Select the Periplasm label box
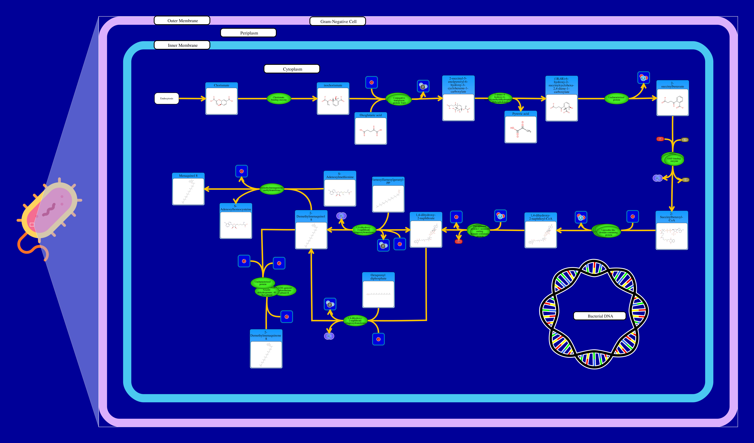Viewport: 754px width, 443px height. point(248,33)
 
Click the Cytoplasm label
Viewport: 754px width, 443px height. point(292,69)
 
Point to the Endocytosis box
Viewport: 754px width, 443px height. point(167,99)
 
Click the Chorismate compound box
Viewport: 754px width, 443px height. point(221,99)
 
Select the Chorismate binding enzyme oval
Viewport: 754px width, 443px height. point(279,99)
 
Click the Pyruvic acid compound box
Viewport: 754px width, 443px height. point(521,127)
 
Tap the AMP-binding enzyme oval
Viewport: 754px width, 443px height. point(673,160)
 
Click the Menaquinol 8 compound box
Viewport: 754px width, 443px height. point(188,189)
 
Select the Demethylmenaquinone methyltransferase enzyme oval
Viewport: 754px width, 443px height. point(272,189)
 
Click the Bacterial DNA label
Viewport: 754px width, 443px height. point(600,316)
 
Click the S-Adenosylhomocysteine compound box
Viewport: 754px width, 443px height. point(236,222)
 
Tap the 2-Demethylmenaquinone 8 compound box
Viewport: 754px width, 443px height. point(266,349)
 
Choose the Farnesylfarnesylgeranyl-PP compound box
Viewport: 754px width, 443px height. point(388,195)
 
